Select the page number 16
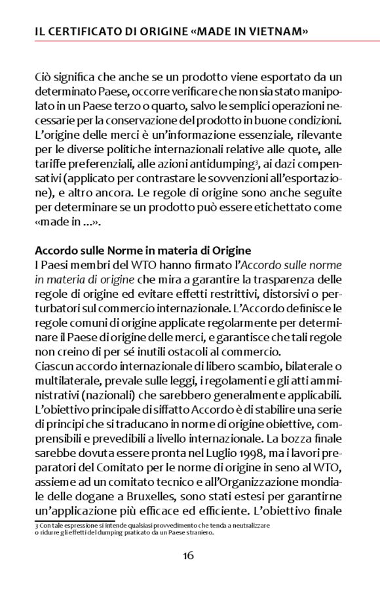(x=188, y=556)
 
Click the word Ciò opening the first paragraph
(x=44, y=79)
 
